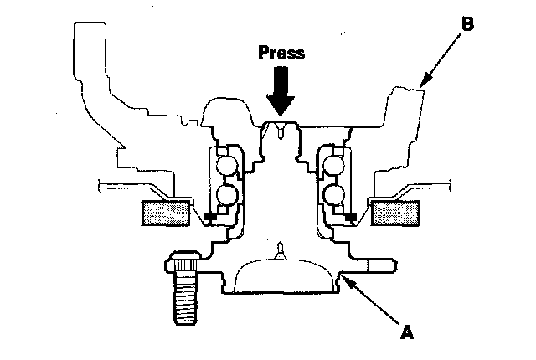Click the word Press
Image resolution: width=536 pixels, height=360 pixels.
pyautogui.click(x=282, y=52)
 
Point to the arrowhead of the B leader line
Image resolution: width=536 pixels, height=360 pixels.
pyautogui.click(x=420, y=85)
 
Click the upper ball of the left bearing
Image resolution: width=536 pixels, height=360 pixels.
pyautogui.click(x=227, y=164)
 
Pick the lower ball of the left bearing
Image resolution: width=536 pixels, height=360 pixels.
pyautogui.click(x=227, y=196)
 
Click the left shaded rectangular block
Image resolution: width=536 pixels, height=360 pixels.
pyautogui.click(x=166, y=213)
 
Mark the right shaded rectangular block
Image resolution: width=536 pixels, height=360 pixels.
pyautogui.click(x=394, y=213)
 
